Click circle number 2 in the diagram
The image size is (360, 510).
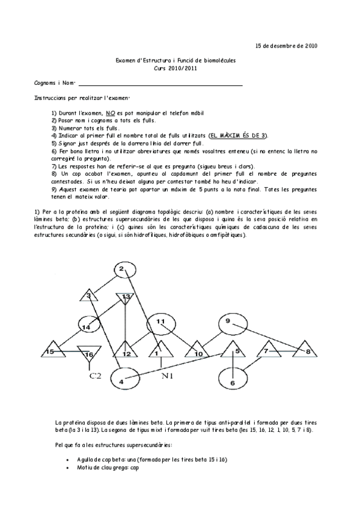point(122,269)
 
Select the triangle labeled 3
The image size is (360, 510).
point(89,295)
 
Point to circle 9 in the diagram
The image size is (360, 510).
point(229,323)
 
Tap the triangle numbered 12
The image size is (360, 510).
point(126,351)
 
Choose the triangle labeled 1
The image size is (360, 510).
point(159,351)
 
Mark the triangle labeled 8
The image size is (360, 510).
point(307,349)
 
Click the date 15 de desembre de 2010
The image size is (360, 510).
point(287,45)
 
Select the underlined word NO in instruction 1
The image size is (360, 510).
point(110,112)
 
